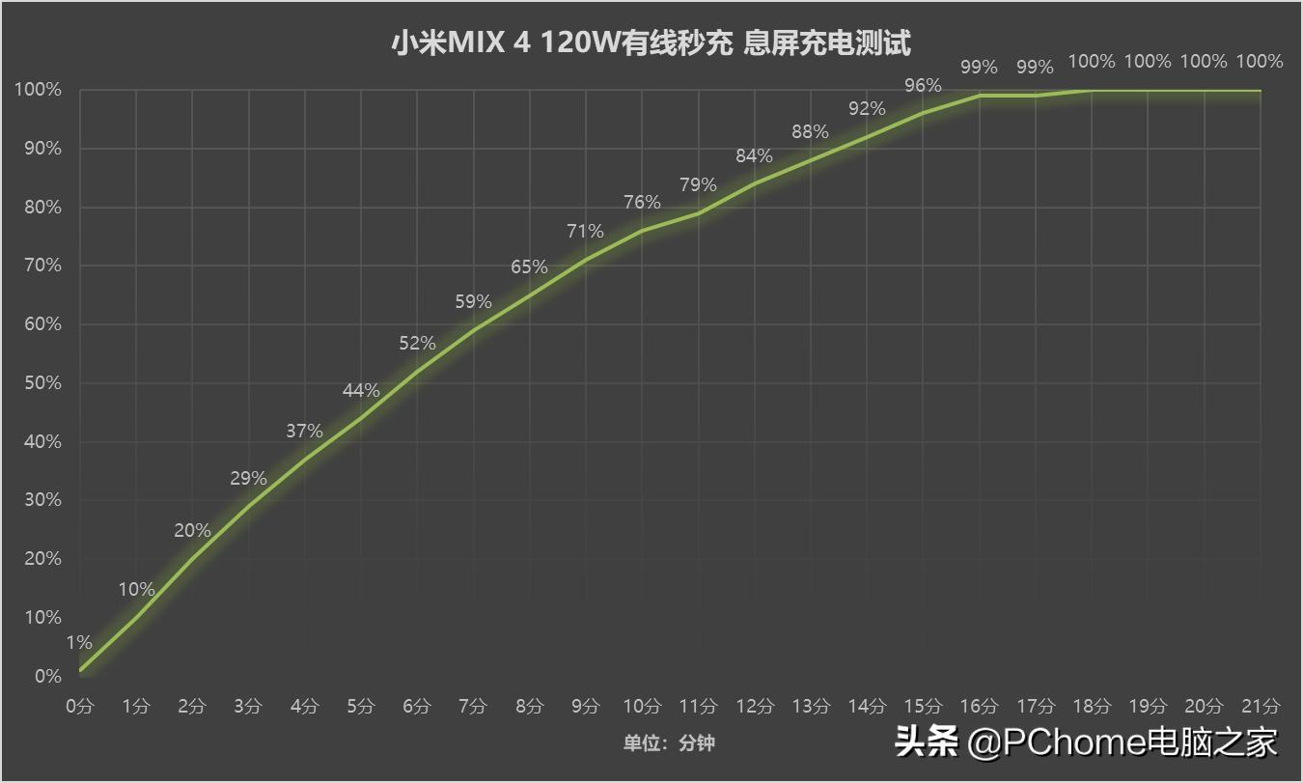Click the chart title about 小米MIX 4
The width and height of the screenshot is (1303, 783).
(651, 43)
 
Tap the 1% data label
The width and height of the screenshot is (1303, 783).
(79, 642)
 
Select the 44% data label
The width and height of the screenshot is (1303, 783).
(361, 391)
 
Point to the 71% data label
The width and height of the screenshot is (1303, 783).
(585, 231)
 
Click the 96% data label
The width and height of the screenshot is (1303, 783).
(923, 85)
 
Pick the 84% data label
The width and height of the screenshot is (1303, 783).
(754, 155)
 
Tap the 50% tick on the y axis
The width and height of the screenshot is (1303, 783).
(38, 383)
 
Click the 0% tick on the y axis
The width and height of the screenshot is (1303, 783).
(47, 676)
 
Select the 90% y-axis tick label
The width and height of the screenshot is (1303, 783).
(38, 149)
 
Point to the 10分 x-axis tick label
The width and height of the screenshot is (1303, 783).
(642, 706)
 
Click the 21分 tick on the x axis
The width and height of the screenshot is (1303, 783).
(1261, 706)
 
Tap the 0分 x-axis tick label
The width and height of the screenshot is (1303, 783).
(80, 706)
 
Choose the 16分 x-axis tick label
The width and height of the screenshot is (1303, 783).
(980, 706)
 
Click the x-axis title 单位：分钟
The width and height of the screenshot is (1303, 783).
(668, 742)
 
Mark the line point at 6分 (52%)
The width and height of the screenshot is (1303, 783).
(417, 372)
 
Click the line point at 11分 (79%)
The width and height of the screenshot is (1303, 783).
(698, 213)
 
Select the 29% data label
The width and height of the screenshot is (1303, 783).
(248, 478)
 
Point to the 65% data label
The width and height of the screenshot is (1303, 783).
(529, 266)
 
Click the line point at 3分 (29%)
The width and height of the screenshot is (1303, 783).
(249, 506)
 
